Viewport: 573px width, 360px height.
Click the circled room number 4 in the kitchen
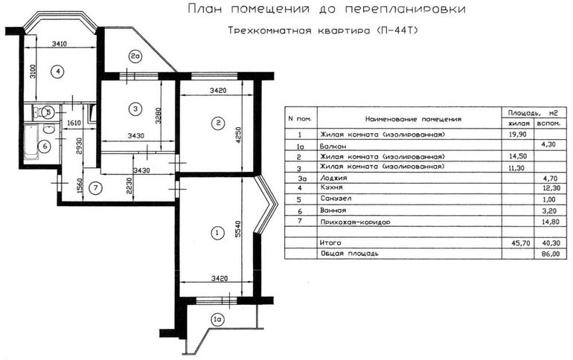(x=57, y=71)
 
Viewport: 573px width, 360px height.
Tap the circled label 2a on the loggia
(x=135, y=57)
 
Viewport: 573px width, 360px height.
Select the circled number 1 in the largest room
(x=218, y=233)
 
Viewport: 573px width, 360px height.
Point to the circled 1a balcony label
(x=217, y=320)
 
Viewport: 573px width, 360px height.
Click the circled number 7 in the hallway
(x=96, y=188)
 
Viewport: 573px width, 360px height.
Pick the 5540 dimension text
(x=238, y=229)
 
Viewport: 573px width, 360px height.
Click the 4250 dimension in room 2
(x=238, y=135)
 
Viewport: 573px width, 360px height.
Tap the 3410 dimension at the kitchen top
(x=60, y=44)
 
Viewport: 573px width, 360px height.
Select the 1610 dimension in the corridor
(x=74, y=123)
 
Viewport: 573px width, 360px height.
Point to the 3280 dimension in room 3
(x=158, y=115)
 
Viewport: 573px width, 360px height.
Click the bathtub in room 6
(x=31, y=142)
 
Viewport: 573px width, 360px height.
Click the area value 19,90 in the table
(x=517, y=135)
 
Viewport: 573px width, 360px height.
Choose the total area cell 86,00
(x=551, y=254)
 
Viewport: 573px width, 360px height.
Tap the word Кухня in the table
(x=331, y=187)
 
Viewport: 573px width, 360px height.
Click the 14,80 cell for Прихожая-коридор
(x=551, y=222)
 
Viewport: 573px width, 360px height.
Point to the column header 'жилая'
(x=519, y=123)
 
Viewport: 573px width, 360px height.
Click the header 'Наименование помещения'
(x=413, y=119)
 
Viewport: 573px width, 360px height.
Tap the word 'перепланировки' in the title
(x=406, y=10)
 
